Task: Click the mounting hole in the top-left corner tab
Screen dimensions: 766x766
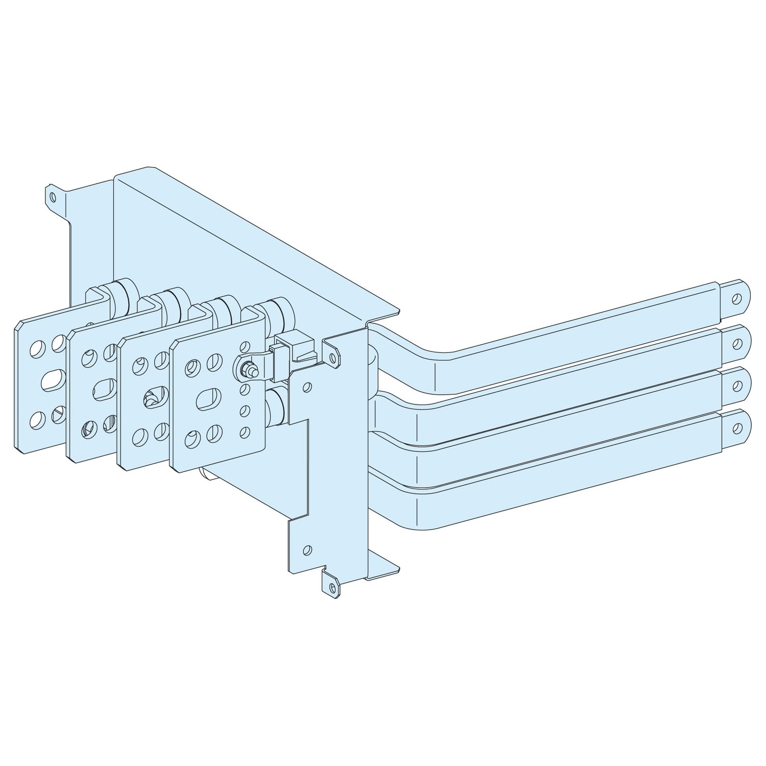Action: [53, 195]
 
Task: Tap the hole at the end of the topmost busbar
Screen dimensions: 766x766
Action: [736, 299]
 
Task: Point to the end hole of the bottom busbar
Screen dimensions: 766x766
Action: [737, 426]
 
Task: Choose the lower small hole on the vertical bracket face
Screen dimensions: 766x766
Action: [306, 550]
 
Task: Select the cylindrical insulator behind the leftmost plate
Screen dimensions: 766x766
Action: [123, 296]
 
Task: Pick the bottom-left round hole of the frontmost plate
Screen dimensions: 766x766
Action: [193, 439]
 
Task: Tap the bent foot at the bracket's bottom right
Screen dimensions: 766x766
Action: [383, 569]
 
